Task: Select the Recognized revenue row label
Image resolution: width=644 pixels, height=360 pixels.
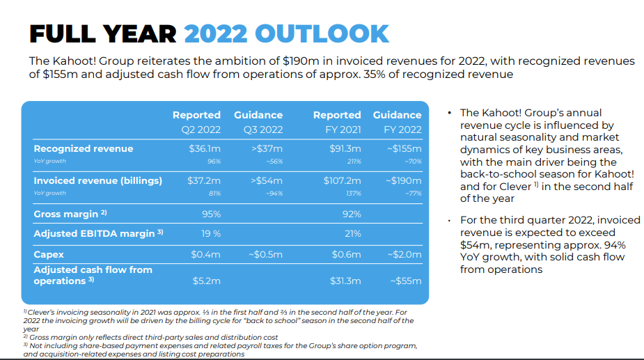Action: (83, 148)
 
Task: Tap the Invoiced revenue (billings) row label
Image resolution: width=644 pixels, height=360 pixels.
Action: (97, 180)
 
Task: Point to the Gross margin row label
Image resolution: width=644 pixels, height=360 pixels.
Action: (70, 214)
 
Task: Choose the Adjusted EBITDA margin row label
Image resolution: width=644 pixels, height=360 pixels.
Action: (98, 234)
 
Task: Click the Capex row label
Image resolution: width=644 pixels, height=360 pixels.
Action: (49, 254)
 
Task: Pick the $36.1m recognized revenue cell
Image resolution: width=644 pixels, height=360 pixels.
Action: (205, 148)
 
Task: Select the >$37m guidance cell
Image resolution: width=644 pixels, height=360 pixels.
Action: (267, 148)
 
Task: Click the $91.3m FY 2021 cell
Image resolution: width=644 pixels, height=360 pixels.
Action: (345, 148)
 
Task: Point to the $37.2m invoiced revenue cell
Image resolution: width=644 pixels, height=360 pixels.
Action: (204, 180)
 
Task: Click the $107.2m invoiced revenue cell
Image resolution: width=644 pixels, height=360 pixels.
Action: (343, 180)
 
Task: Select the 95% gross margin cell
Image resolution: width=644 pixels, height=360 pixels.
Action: (211, 214)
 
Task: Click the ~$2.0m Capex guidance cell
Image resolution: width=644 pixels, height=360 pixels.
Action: (405, 254)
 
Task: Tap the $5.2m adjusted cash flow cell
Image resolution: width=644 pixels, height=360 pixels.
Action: (206, 281)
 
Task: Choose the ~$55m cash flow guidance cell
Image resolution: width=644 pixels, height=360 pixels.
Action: (407, 281)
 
